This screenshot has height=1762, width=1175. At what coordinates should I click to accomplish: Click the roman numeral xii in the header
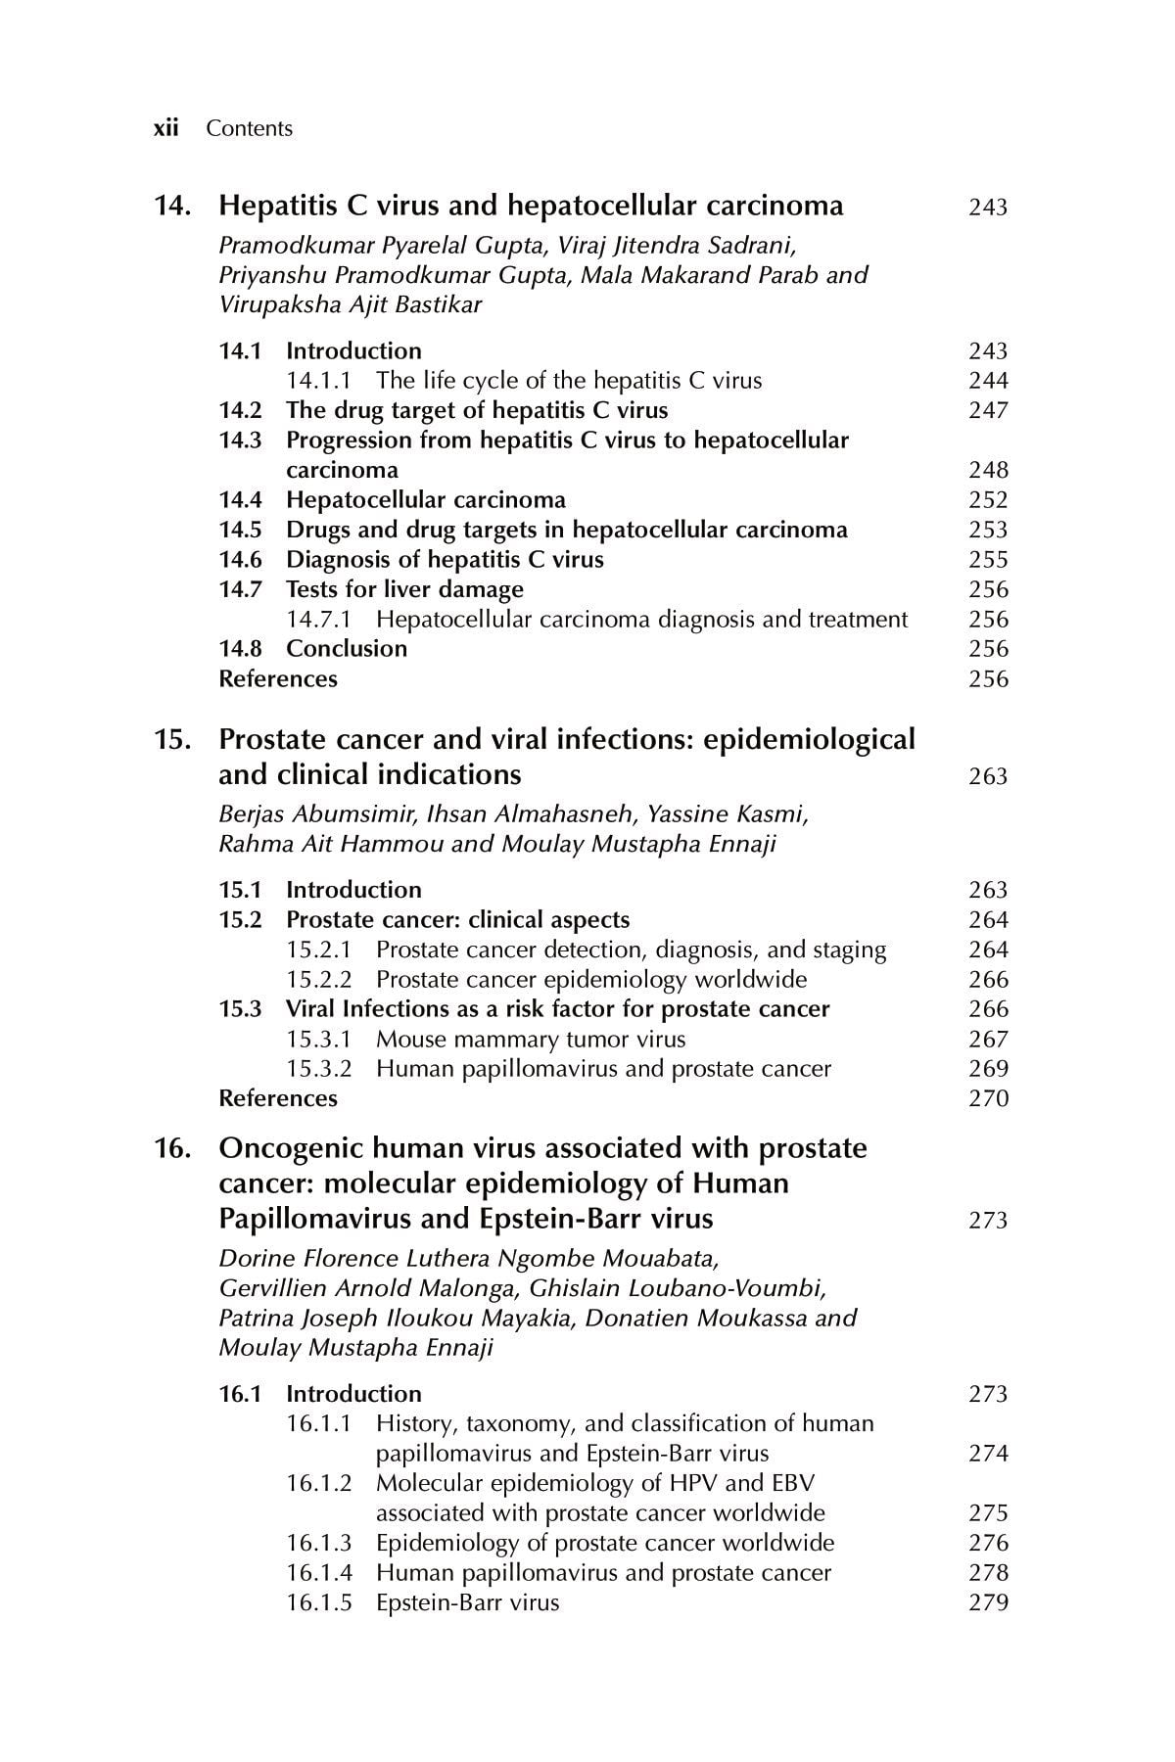(x=165, y=128)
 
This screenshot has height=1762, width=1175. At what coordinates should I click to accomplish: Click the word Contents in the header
(x=249, y=128)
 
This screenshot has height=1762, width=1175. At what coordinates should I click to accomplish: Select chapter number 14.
(x=171, y=207)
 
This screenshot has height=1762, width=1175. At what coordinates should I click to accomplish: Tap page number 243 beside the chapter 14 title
(x=987, y=208)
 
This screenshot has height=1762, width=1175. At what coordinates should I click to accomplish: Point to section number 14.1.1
(x=318, y=381)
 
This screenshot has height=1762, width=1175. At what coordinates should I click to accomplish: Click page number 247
(x=987, y=411)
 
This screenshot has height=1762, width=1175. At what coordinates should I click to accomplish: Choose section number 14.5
(x=240, y=531)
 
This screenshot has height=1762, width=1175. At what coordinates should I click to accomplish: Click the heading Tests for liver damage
(x=404, y=589)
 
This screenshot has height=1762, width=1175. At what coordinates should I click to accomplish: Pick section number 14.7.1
(x=318, y=620)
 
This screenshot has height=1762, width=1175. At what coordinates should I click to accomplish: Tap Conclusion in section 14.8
(x=347, y=649)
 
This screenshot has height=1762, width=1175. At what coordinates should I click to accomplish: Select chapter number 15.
(x=171, y=740)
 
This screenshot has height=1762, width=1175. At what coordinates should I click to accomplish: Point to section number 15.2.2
(x=318, y=980)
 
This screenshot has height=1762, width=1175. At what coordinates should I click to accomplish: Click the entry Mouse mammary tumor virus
(x=531, y=1040)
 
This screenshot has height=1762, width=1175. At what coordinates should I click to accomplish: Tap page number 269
(x=987, y=1070)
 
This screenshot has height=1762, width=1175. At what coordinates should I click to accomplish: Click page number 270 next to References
(x=987, y=1099)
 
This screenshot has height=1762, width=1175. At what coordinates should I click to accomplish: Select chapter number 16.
(x=171, y=1148)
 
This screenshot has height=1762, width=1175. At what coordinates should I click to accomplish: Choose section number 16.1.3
(x=318, y=1544)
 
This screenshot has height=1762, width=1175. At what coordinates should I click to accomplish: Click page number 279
(x=987, y=1603)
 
